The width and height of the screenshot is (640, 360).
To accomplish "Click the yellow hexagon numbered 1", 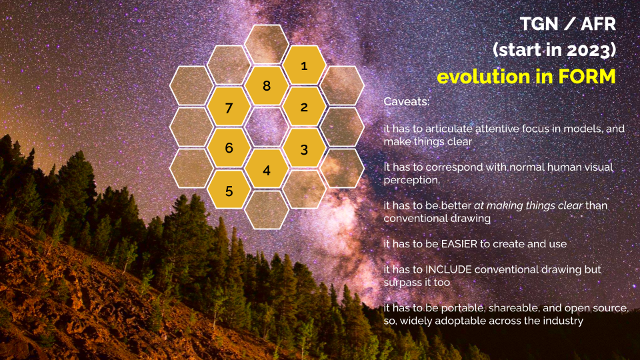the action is [x=304, y=65].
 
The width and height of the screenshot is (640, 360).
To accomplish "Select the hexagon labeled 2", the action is [x=304, y=107].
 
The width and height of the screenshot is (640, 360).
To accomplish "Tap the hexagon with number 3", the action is [x=304, y=149].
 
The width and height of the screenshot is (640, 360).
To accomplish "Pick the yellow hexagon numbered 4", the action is [x=267, y=169].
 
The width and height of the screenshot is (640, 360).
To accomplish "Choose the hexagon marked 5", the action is [x=229, y=190].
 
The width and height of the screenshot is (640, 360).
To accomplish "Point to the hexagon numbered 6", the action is [x=229, y=149].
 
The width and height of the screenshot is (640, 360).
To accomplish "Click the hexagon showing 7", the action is [x=229, y=107].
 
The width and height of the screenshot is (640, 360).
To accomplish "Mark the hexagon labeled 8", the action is [x=267, y=86].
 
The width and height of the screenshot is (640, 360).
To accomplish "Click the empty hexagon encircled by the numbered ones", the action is [x=267, y=128].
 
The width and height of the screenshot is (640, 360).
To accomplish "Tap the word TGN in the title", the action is [x=539, y=24].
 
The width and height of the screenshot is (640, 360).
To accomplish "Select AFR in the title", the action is [x=598, y=24].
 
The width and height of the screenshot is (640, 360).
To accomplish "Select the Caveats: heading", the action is [x=407, y=101].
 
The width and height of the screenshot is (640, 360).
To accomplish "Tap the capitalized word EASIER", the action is [x=453, y=244].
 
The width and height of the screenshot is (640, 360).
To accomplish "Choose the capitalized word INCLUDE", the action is [x=449, y=270].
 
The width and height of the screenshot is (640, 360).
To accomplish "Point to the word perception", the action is [x=412, y=181].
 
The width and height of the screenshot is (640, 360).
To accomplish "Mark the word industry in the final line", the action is [x=566, y=321].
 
